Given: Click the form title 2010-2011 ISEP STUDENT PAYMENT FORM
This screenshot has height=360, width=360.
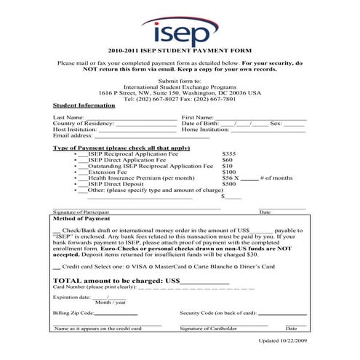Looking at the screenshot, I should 179,53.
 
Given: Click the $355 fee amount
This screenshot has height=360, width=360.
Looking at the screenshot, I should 229,155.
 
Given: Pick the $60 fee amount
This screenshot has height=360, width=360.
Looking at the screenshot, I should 227,160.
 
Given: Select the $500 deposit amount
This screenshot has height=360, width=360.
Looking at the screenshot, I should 229,184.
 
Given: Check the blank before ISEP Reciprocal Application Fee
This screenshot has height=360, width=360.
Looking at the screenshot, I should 83,155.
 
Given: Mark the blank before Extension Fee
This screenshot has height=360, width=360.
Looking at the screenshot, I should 83,172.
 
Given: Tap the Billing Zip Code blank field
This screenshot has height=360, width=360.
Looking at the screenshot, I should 116,313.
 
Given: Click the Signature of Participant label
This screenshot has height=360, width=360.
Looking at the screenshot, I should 81,212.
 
